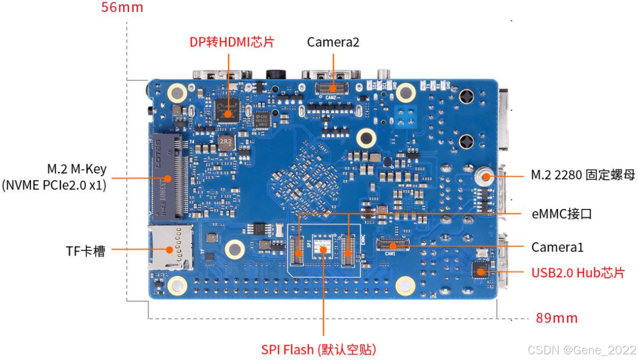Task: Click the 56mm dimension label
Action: pos(122,8)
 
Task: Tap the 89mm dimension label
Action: pos(556,318)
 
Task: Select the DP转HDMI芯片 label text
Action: pos(232,42)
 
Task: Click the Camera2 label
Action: pos(333,42)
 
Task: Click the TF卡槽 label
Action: pos(86,251)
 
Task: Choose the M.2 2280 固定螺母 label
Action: pos(583,175)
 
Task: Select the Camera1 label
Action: pos(557,247)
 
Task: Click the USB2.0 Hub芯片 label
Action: pos(578,272)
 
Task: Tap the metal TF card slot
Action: pos(170,247)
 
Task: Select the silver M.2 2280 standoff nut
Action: pos(484,177)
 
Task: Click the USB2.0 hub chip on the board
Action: pos(480,270)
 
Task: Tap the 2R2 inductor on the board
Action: pos(225,142)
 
